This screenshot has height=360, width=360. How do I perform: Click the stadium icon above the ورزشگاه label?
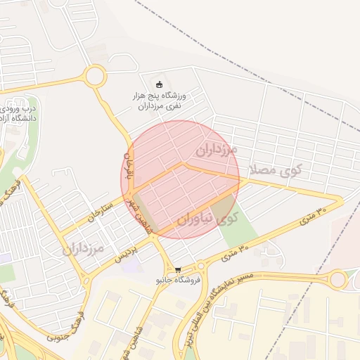tap(159, 85)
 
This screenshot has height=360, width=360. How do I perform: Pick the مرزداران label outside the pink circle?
tap(83, 249)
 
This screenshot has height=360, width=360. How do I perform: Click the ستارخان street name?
tap(101, 212)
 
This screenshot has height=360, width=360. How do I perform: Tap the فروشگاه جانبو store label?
tap(179, 280)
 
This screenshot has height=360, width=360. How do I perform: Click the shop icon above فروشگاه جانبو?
tap(178, 269)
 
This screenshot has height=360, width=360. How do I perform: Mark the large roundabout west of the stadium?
tap(94, 76)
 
